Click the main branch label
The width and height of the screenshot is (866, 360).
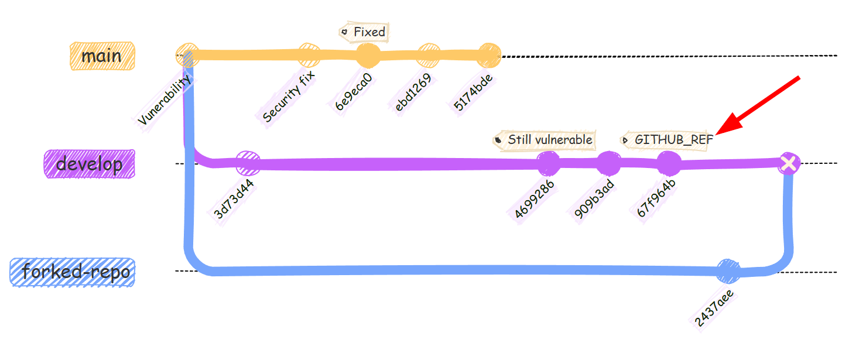click(102, 56)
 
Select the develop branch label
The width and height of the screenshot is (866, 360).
click(90, 164)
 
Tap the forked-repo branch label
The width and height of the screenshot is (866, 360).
click(73, 272)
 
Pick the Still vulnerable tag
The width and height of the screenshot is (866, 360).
click(545, 140)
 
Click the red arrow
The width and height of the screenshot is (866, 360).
click(758, 105)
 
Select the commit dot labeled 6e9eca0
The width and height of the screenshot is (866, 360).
click(368, 56)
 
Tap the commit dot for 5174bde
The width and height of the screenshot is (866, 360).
click(488, 56)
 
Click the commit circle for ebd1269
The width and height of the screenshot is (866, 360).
click(429, 56)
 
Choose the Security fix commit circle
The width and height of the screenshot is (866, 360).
click(309, 56)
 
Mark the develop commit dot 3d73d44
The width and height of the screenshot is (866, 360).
click(248, 164)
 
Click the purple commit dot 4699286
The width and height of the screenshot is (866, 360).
click(549, 163)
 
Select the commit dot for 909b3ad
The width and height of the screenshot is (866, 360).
click(608, 163)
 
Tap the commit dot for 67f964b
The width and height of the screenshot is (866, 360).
click(668, 163)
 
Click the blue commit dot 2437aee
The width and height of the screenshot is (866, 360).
click(729, 271)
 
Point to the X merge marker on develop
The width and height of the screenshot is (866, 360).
click(789, 164)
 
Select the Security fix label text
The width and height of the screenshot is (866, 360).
click(289, 97)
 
